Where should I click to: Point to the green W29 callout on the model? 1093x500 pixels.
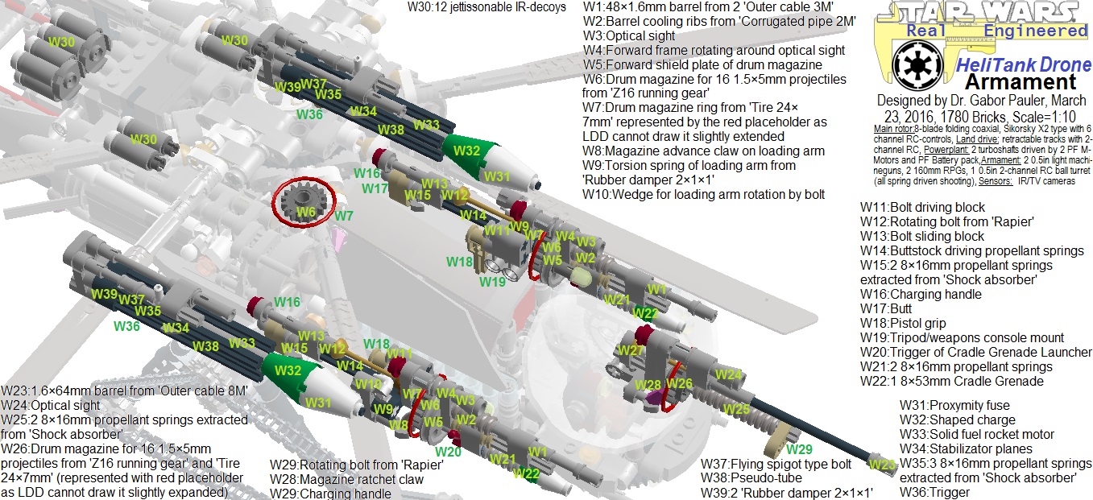coord(799,448)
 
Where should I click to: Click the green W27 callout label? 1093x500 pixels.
coord(631,350)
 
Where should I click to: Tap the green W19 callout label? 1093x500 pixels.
coord(491,282)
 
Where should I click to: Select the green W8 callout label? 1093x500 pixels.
coord(400,425)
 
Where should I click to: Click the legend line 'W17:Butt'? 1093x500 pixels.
coord(890,308)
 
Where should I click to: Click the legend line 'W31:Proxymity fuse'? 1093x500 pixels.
coord(954,405)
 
